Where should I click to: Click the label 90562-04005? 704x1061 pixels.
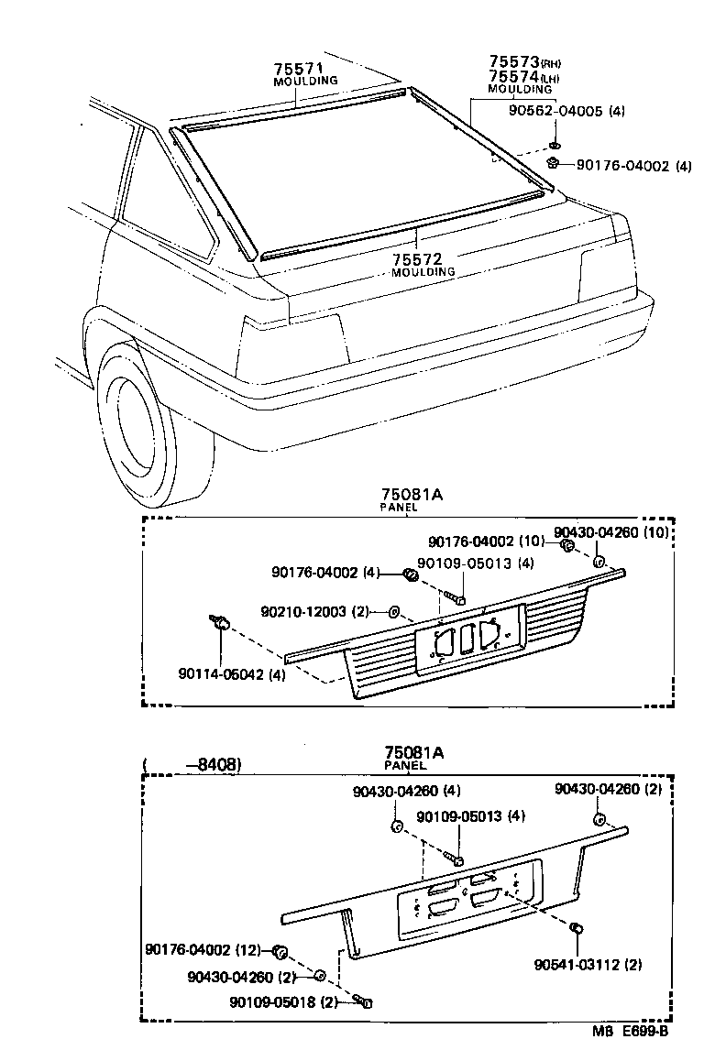(x=555, y=111)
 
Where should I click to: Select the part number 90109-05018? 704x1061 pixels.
(x=275, y=1002)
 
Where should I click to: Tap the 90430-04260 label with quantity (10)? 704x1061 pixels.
(x=623, y=533)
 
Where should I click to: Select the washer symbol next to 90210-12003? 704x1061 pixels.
(x=393, y=610)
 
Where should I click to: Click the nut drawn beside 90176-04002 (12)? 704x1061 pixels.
(x=281, y=949)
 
